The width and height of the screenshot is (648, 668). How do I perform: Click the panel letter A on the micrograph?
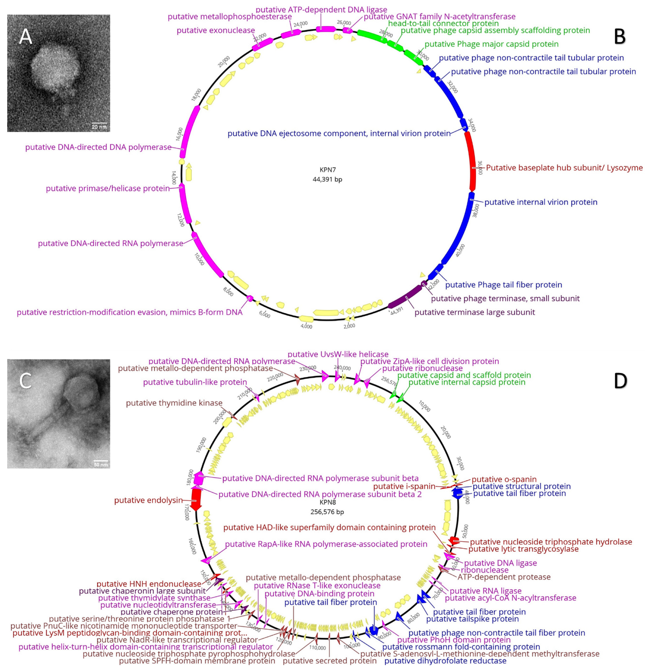(26, 36)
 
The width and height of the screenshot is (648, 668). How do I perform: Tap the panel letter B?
(620, 37)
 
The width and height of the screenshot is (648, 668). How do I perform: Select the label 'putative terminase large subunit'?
(474, 312)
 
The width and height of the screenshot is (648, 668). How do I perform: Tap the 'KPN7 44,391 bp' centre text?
(327, 175)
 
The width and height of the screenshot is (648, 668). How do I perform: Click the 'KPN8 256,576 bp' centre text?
(327, 507)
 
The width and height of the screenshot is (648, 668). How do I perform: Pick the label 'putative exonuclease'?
(216, 30)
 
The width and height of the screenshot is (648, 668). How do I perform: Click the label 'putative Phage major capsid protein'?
(491, 44)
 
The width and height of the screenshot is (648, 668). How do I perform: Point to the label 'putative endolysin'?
(148, 500)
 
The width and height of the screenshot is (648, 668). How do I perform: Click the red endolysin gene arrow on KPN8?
(195, 499)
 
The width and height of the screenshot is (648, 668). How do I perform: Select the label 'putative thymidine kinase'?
(174, 403)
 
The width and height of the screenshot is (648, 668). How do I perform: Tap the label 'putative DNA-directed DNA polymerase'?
(98, 147)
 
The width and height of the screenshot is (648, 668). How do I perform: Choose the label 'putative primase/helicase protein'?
(108, 188)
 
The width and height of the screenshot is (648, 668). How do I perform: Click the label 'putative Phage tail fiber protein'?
(503, 285)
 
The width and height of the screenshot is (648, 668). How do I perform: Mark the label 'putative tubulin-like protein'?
(195, 382)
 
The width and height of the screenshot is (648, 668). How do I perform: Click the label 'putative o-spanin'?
(504, 479)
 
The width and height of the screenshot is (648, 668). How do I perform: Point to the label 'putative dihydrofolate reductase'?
(445, 660)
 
